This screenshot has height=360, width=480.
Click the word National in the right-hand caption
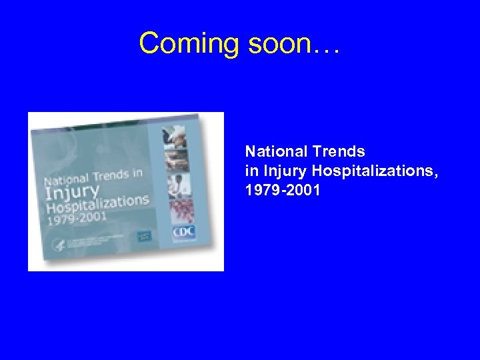point(272,151)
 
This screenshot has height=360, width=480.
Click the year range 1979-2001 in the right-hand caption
point(283,191)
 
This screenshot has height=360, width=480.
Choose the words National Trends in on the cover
point(93,179)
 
